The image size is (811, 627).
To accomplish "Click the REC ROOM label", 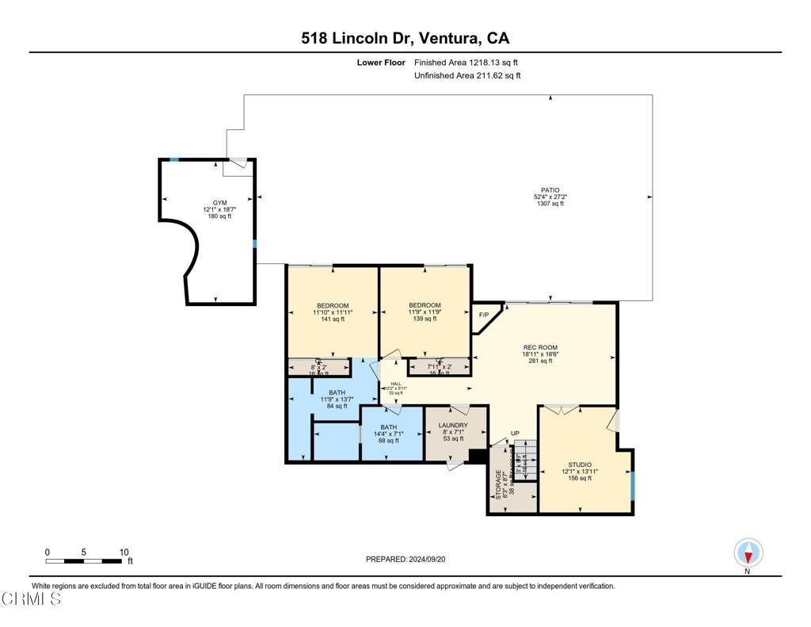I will pyautogui.click(x=540, y=347).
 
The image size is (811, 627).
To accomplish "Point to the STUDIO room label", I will pyautogui.click(x=580, y=465).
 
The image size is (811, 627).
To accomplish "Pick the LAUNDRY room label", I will pyautogui.click(x=453, y=426).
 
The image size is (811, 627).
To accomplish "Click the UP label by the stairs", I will pyautogui.click(x=515, y=434).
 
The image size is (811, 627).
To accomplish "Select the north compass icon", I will pyautogui.click(x=748, y=552).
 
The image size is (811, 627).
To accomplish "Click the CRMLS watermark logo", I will pyautogui.click(x=31, y=599).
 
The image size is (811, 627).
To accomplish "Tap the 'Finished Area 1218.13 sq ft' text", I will pyautogui.click(x=466, y=62).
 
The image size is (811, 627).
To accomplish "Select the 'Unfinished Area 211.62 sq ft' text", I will pyautogui.click(x=467, y=76).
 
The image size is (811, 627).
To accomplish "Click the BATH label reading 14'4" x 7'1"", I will pyautogui.click(x=388, y=427).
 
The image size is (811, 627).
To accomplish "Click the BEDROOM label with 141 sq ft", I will pyautogui.click(x=333, y=306).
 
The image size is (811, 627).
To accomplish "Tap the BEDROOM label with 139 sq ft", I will pyautogui.click(x=425, y=305).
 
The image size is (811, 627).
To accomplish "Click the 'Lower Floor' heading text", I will pyautogui.click(x=381, y=62).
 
